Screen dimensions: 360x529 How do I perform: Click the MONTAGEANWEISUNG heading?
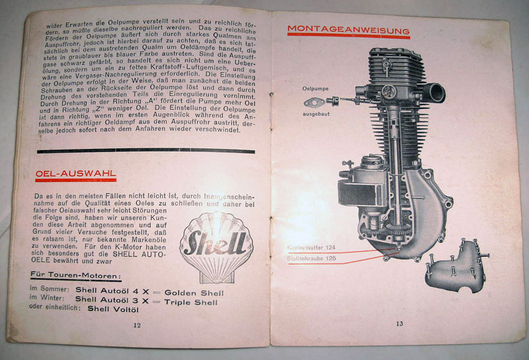coord(348,30)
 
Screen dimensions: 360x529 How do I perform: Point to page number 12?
coord(137,325)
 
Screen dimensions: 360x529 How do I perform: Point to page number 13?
coord(399,323)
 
